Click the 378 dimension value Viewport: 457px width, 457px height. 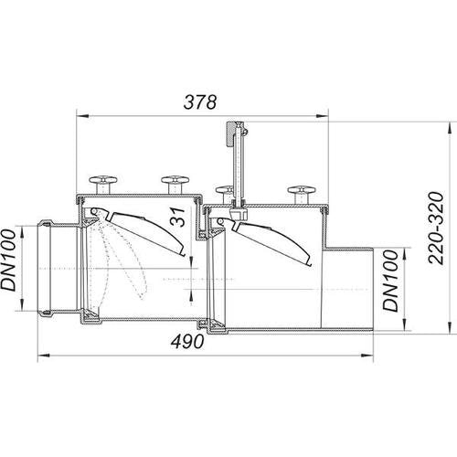[x=200, y=102]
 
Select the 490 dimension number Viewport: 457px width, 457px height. [x=187, y=341]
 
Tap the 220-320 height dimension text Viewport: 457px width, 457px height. [x=436, y=228]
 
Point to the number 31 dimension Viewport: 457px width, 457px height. [x=177, y=217]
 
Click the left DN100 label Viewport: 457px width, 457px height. [x=8, y=260]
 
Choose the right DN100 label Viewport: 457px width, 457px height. [x=390, y=281]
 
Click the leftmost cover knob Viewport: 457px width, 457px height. [x=103, y=184]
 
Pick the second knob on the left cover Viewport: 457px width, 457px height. [x=175, y=184]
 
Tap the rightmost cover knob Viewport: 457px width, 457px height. [x=302, y=194]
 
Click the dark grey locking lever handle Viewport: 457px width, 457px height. [x=230, y=134]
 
